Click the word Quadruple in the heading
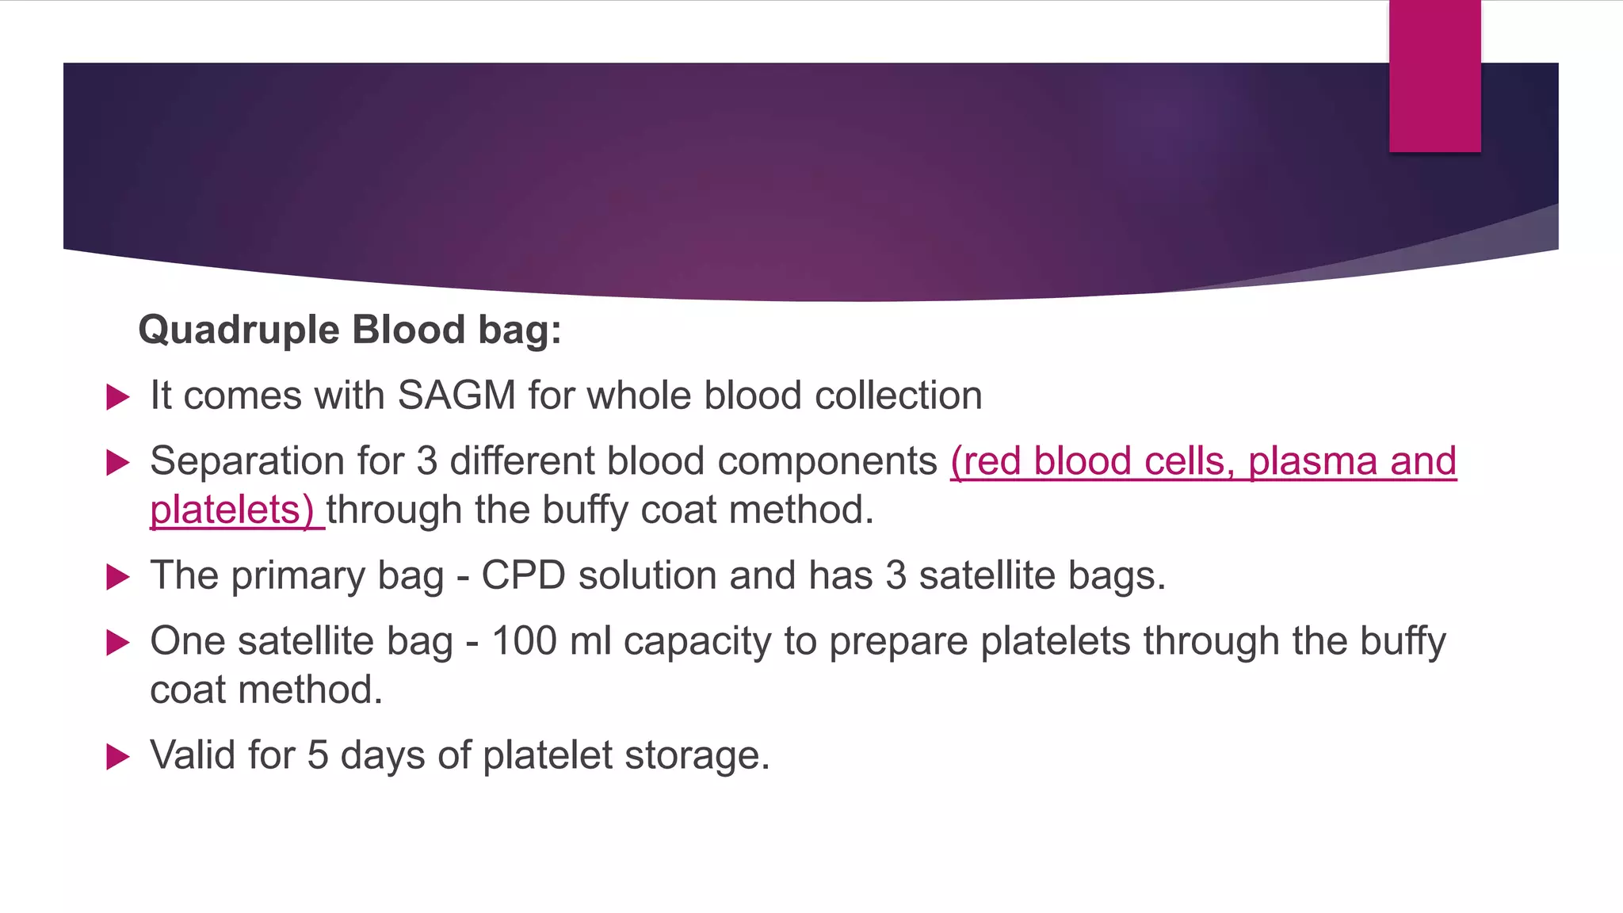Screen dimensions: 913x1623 tap(238, 330)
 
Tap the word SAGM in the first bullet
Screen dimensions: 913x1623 tap(456, 395)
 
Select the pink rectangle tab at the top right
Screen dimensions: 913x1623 tap(1434, 76)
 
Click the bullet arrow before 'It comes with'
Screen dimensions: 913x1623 tap(117, 396)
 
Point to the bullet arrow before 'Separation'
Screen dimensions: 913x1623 tap(117, 462)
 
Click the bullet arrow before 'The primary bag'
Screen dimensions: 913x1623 tap(117, 576)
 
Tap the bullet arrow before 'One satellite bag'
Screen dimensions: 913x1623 tap(117, 642)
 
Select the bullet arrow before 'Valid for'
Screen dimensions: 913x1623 tap(117, 756)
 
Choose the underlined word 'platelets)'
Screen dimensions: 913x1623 tap(231, 510)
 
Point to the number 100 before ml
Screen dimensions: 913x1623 tap(525, 641)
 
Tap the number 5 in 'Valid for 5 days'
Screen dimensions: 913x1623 tap(317, 755)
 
